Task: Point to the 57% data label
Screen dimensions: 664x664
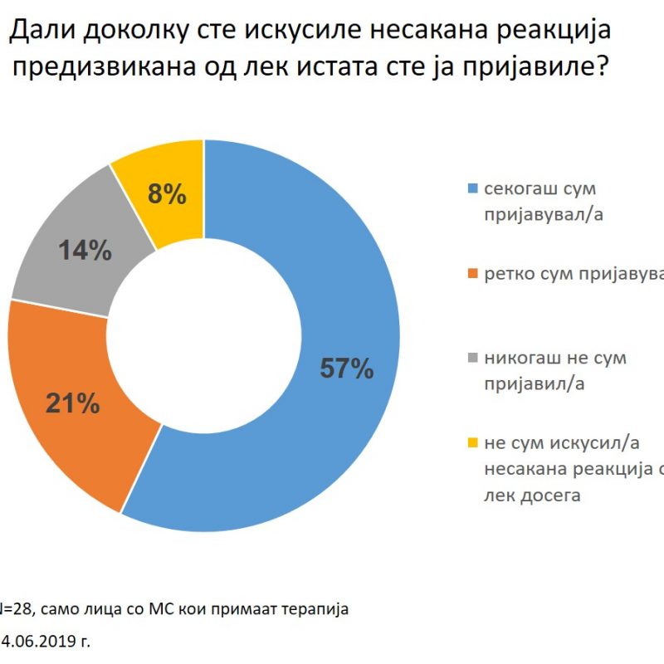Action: point(347,369)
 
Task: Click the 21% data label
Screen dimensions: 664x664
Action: point(74,404)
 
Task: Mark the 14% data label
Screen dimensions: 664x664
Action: point(85,251)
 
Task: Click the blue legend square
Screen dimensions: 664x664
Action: point(473,189)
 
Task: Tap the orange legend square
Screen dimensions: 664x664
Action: point(473,275)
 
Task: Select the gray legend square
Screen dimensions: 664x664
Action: point(473,359)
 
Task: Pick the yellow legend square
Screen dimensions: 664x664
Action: point(473,445)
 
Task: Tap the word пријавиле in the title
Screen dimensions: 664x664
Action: point(511,67)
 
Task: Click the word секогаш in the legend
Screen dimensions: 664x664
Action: point(520,189)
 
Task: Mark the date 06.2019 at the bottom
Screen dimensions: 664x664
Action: point(50,642)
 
